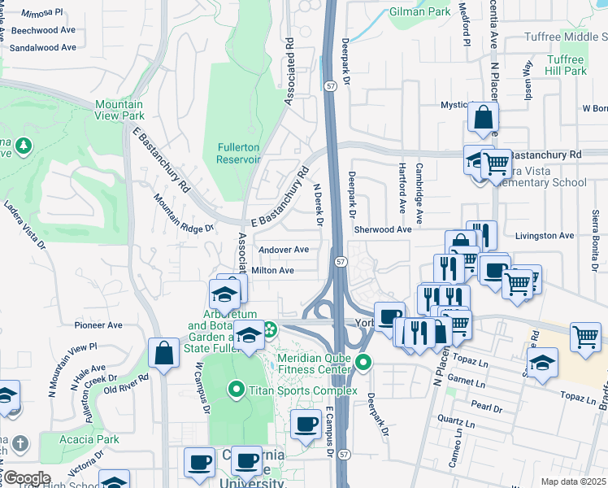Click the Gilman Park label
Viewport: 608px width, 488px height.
click(x=419, y=12)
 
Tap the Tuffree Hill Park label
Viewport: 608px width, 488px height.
click(x=566, y=65)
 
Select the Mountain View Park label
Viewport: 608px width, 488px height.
click(x=119, y=110)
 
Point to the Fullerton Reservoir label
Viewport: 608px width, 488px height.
click(x=238, y=152)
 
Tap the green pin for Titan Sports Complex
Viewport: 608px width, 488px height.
click(x=237, y=390)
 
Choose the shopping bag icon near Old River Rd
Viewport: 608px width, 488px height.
click(x=163, y=354)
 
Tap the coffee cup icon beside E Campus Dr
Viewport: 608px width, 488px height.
click(x=306, y=424)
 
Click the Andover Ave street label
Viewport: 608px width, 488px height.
click(x=284, y=250)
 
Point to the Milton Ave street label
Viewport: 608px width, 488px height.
click(x=273, y=270)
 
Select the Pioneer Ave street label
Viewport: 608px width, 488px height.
click(x=98, y=325)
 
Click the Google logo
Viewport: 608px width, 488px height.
click(x=27, y=477)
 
